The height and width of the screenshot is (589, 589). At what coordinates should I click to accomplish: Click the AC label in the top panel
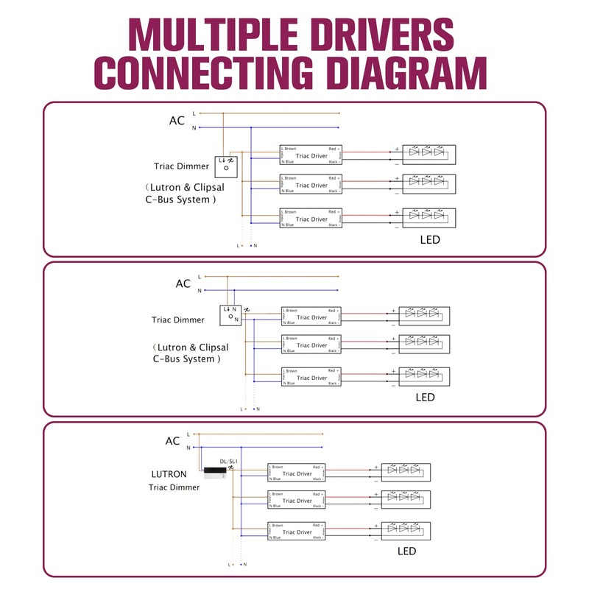click(x=177, y=121)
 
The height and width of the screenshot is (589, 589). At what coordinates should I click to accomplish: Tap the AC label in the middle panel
click(x=183, y=283)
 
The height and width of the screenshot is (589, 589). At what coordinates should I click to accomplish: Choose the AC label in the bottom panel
click(x=172, y=441)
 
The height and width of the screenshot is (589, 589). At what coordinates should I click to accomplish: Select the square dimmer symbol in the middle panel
click(x=230, y=315)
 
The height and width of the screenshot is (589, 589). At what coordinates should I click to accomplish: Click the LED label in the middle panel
click(x=425, y=398)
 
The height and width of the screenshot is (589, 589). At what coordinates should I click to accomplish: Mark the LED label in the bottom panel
click(x=406, y=551)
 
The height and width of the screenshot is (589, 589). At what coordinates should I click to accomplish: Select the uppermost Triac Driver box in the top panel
click(x=311, y=155)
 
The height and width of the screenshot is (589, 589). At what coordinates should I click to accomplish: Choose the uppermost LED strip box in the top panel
click(x=428, y=154)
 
